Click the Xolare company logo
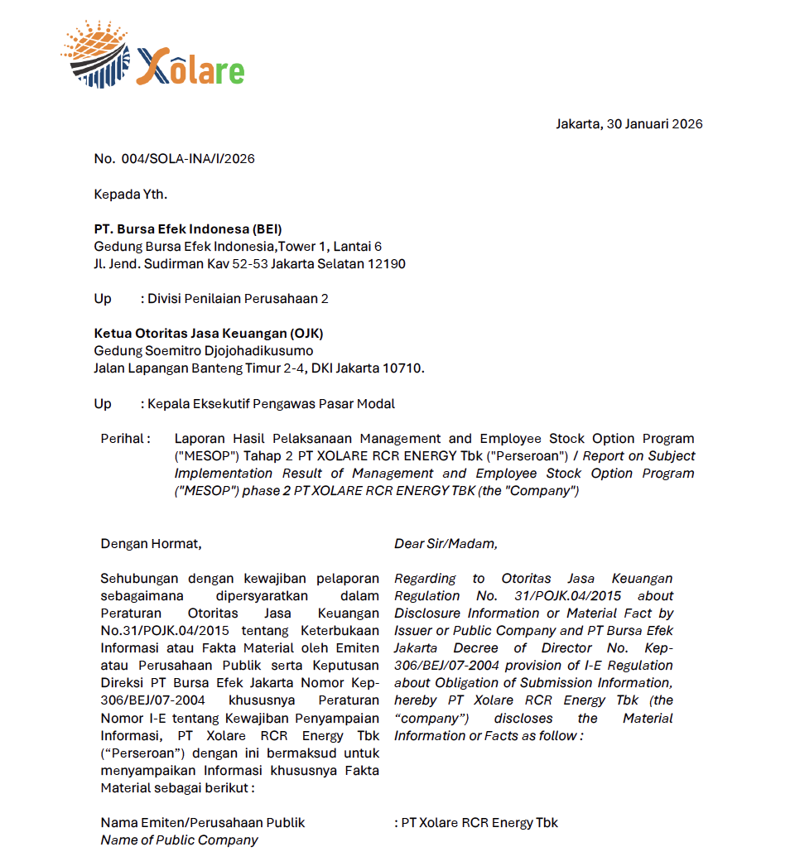point(153,55)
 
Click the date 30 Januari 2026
point(654,124)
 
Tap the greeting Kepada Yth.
point(130,195)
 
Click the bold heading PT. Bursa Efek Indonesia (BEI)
point(188,229)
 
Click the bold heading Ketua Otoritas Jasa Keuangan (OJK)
point(208,334)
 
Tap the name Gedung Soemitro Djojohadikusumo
point(203,351)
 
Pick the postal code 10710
point(402,368)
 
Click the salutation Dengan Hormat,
point(151,544)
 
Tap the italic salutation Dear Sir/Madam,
point(446,544)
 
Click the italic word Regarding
point(425,579)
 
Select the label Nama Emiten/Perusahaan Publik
point(202,823)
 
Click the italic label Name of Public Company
point(179,840)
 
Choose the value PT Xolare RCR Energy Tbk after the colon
point(479,823)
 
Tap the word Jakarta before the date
point(577,124)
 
